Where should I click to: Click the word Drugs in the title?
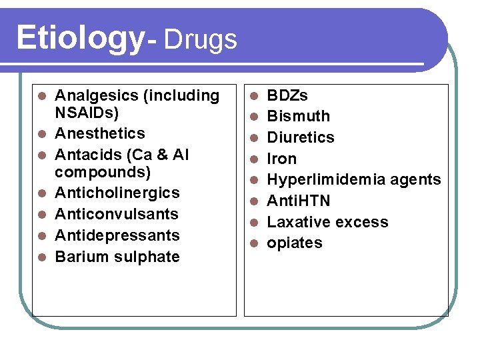point(199,39)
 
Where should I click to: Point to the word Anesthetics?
point(99,133)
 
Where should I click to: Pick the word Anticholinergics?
point(117,193)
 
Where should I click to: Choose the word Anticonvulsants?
point(117,214)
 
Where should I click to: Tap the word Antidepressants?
point(117,235)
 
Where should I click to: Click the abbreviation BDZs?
point(287,95)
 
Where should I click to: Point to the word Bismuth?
point(298,116)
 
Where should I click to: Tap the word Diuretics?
point(301,137)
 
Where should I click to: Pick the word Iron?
point(282,159)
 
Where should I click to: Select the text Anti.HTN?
point(298,201)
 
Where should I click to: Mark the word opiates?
point(295,243)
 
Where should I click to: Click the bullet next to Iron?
point(254,159)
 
